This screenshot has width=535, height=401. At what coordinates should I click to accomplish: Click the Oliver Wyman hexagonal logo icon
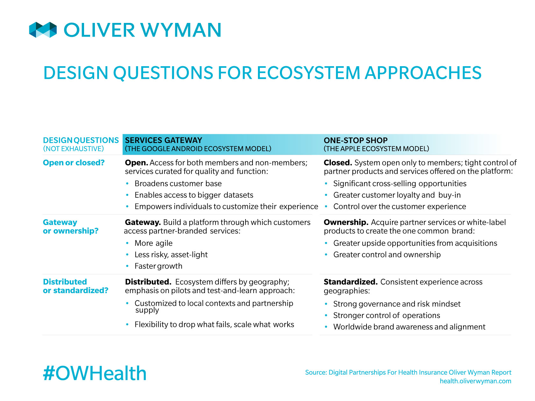[43, 30]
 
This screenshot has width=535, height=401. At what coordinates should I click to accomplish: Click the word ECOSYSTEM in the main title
[308, 73]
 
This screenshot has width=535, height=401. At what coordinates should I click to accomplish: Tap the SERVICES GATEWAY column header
[164, 140]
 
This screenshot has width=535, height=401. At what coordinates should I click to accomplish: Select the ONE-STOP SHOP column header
[355, 140]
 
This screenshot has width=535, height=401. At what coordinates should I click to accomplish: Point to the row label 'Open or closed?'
[74, 162]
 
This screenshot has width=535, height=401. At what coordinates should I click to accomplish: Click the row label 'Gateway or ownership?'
[71, 226]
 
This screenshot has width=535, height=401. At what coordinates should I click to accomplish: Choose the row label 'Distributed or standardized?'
[75, 286]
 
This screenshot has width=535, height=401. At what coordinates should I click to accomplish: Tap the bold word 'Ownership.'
[346, 222]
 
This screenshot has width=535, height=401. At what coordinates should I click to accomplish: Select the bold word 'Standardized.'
[351, 282]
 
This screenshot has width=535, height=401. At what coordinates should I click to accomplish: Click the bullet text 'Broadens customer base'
[178, 183]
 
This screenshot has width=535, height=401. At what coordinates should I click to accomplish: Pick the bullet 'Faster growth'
[158, 266]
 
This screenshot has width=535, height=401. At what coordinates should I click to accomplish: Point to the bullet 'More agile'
[153, 243]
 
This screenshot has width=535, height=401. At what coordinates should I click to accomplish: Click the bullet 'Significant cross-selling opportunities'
[400, 183]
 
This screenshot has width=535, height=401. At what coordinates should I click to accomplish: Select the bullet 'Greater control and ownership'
[387, 254]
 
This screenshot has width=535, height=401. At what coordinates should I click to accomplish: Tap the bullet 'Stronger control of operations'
[387, 315]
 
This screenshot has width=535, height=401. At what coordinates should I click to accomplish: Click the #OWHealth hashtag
[95, 373]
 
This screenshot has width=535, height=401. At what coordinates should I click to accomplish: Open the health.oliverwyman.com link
[475, 381]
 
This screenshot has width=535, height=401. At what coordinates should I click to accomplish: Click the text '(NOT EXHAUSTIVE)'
[73, 149]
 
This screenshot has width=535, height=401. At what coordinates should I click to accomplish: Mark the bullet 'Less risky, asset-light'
[171, 254]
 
